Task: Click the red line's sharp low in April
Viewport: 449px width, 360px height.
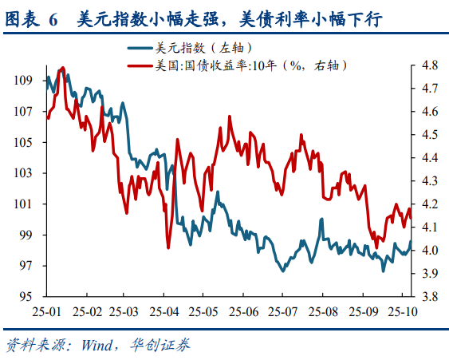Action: click(168, 247)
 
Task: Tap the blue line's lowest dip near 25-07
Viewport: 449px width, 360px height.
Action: click(282, 271)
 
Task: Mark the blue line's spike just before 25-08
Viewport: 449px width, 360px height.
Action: click(321, 219)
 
